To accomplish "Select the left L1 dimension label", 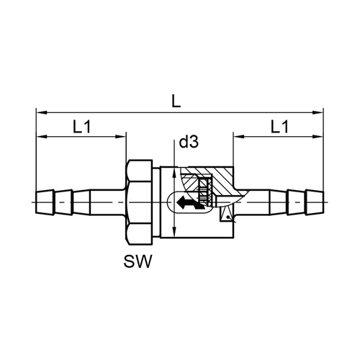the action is [82, 127].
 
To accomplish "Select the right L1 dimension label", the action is [279, 127].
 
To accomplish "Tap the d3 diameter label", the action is [189, 142].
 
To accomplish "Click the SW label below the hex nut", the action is [138, 261].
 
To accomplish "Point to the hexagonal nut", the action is [139, 202].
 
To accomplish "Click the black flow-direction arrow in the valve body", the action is [190, 202].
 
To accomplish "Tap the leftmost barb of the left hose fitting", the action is [45, 202].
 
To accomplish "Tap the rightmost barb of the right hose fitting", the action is [315, 202].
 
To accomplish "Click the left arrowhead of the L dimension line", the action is [41, 112].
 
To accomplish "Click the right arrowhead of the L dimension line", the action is [318, 112].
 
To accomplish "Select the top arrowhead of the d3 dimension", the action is [174, 172].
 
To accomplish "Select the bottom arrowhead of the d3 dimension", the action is [174, 233].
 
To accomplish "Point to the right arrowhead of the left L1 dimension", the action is [121, 137].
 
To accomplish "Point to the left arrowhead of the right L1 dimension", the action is [238, 137].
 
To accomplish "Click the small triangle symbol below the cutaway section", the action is [226, 214].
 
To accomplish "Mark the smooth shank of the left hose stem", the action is [108, 202].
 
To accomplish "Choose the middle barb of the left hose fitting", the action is [63, 202].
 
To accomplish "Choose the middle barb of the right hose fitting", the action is [296, 202].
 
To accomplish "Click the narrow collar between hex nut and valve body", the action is [156, 202].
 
